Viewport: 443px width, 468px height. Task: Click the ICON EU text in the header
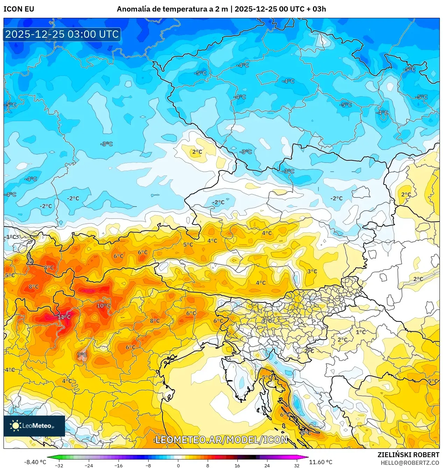tap(19, 9)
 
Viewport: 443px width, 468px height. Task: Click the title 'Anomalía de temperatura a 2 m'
tap(172, 9)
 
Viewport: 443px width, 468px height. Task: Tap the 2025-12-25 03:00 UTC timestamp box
tap(62, 34)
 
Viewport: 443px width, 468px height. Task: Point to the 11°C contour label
tap(64, 317)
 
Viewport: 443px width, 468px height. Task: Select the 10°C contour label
tap(103, 305)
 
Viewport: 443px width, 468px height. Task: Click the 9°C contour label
tap(82, 355)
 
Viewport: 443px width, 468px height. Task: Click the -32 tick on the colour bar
tap(59, 465)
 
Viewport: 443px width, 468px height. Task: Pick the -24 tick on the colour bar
tap(89, 465)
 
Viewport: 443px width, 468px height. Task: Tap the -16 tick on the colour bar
tap(119, 465)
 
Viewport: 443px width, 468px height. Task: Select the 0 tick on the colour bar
tap(178, 465)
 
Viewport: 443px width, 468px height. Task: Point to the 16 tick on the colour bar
tap(237, 465)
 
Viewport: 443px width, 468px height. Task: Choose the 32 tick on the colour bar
tap(296, 465)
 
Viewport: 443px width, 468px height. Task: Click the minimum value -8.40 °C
tap(35, 462)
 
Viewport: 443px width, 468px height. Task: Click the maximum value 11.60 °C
tap(321, 462)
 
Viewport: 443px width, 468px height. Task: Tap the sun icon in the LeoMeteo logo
tap(15, 425)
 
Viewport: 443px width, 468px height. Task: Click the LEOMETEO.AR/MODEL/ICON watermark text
tap(221, 440)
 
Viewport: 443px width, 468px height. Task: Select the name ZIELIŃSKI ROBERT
tap(408, 455)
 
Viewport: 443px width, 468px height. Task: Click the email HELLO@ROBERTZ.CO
tap(410, 463)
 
